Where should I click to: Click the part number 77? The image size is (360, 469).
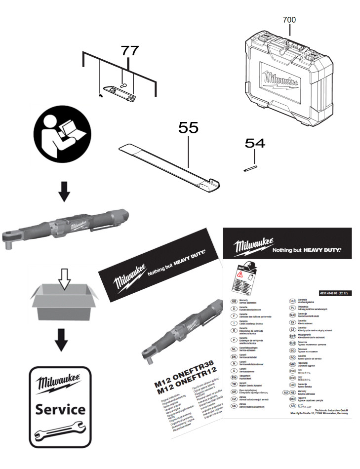(127, 51)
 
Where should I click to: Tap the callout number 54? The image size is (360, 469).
(255, 144)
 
